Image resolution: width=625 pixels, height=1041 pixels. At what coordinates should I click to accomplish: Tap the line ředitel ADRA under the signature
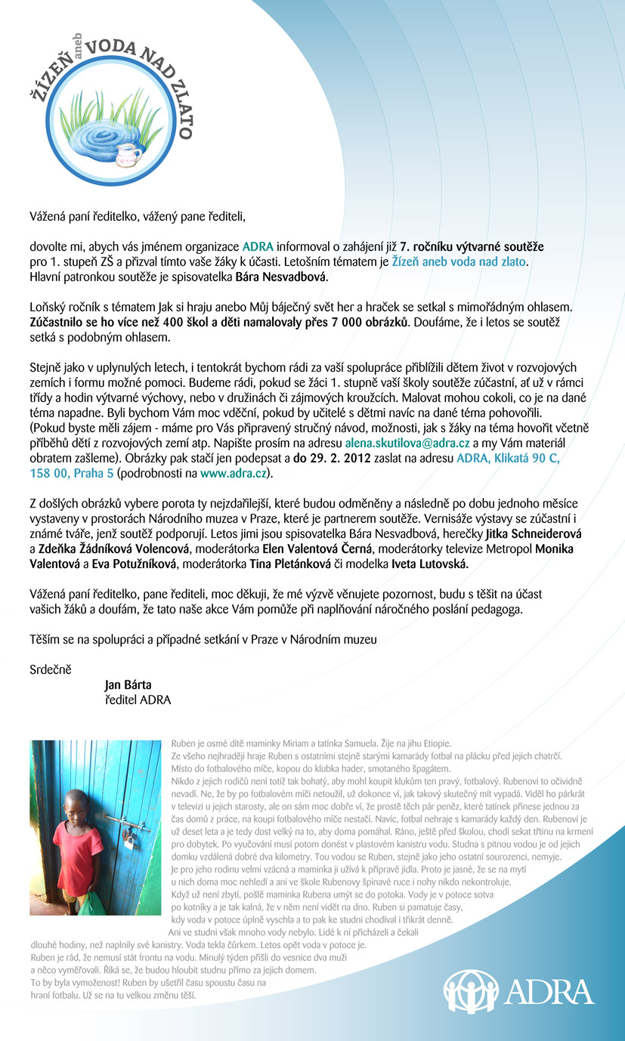[x=138, y=700]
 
